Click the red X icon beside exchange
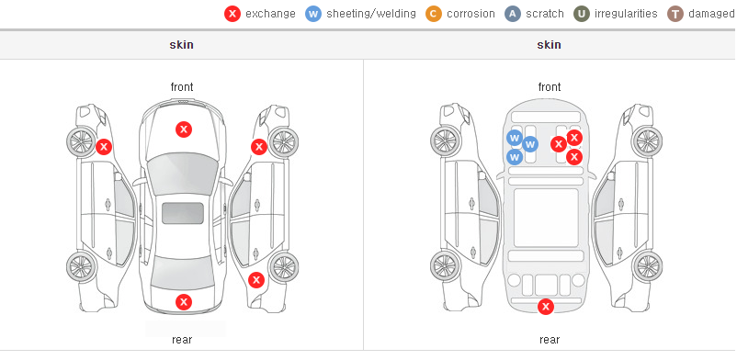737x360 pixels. pos(232,14)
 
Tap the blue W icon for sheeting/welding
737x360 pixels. pos(313,14)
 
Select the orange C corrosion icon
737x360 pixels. pos(434,14)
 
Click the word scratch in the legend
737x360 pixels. pos(545,14)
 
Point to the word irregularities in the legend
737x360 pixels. pos(626,14)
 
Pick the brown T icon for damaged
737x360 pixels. pos(675,14)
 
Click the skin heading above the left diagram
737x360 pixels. pos(181,45)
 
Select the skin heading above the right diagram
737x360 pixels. pos(549,45)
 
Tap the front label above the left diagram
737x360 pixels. pos(182,87)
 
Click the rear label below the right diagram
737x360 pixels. pos(550,339)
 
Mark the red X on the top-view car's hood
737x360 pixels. pos(184,129)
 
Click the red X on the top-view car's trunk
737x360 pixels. pos(184,302)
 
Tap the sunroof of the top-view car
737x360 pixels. pos(183,213)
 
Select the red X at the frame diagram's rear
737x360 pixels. pos(546,307)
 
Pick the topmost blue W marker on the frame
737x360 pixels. pos(515,138)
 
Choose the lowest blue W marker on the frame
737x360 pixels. pos(515,157)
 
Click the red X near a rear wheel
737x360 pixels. pos(255,281)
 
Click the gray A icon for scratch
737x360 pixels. pos(513,14)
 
